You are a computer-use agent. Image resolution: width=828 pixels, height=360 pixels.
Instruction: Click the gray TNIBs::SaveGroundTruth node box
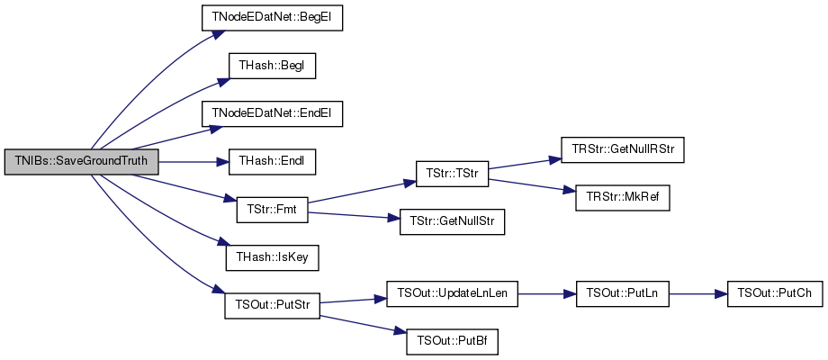click(x=82, y=162)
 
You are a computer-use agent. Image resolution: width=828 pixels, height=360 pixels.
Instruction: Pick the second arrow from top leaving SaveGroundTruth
click(x=162, y=112)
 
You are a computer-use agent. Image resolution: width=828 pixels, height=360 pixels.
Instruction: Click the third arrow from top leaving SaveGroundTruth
click(x=175, y=138)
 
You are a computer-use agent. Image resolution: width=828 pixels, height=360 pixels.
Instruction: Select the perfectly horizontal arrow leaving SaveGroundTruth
click(x=193, y=162)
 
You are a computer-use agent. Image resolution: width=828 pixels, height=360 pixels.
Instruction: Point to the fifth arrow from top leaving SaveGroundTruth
click(x=184, y=186)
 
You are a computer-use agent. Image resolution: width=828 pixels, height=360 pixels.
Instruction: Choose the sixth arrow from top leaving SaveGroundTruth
click(x=162, y=213)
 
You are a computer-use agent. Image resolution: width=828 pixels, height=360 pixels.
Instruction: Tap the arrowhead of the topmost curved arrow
click(x=219, y=34)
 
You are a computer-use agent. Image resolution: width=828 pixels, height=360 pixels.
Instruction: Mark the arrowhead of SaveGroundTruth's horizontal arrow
click(x=225, y=162)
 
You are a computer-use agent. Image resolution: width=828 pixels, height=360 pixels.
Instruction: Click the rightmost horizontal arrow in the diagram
click(x=697, y=294)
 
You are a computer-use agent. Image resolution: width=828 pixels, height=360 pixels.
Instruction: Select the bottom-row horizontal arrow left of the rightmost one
click(x=546, y=294)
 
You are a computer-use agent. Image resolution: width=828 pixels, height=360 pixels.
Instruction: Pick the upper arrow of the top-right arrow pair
click(x=525, y=163)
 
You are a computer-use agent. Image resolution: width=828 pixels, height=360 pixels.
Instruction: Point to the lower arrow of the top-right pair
click(x=531, y=184)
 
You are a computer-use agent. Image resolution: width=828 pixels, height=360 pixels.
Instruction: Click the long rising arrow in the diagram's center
click(x=362, y=192)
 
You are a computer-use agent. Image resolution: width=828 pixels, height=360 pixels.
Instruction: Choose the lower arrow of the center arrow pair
click(x=354, y=215)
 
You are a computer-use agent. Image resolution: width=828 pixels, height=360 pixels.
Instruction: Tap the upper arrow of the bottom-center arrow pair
click(x=353, y=300)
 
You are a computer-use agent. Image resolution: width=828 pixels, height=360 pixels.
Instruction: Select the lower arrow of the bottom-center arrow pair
click(x=363, y=324)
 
